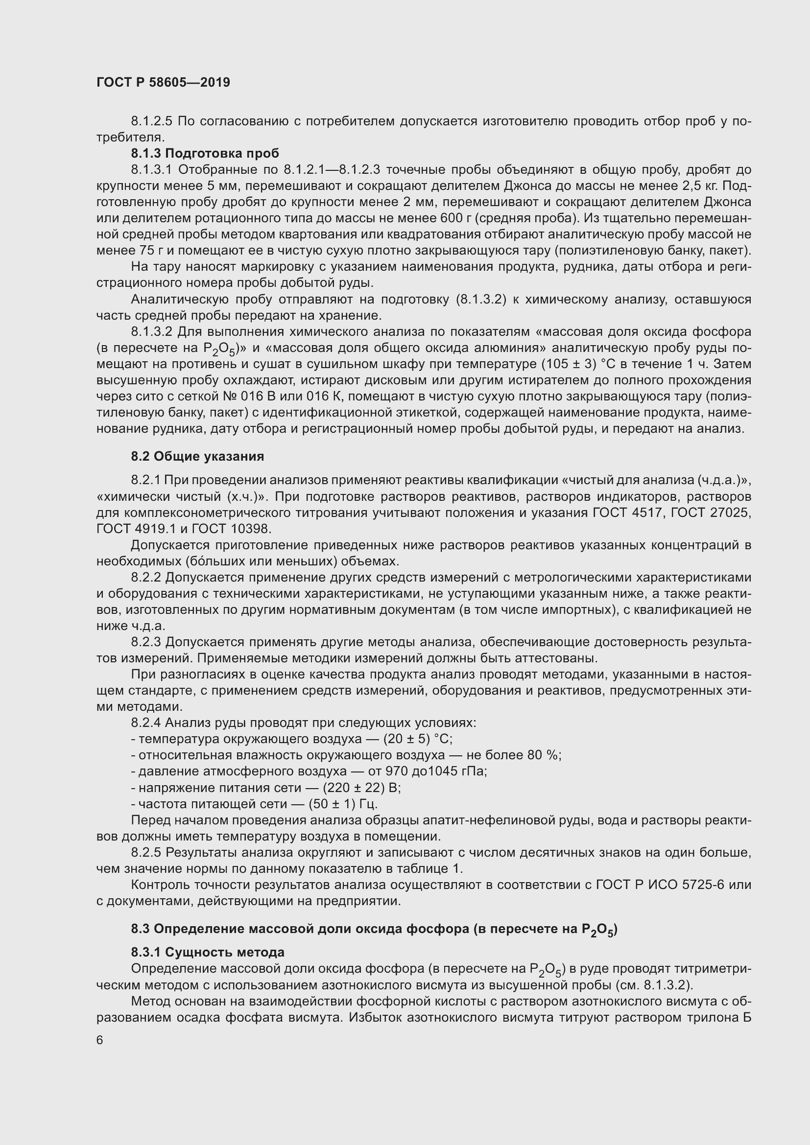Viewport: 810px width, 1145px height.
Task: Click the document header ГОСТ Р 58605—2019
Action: [x=163, y=82]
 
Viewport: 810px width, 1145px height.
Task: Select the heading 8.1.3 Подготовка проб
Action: [x=205, y=153]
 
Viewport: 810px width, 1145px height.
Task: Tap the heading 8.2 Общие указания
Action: [x=197, y=456]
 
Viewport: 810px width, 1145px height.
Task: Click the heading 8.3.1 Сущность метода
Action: [x=208, y=952]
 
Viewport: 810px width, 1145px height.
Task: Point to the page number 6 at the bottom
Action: [x=100, y=1040]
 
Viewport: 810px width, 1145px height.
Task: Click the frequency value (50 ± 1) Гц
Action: [x=343, y=804]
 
